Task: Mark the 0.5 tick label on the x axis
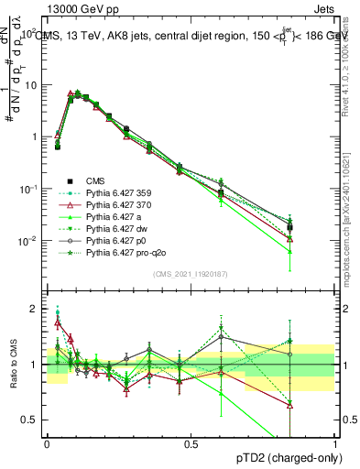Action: (191, 443)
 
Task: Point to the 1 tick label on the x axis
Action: (334, 443)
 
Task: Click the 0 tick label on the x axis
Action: (47, 443)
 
